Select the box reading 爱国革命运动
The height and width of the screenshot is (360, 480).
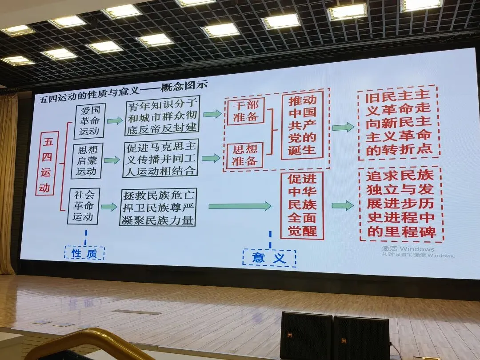pyautogui.click(x=89, y=120)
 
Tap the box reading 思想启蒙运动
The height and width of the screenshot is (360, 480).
pyautogui.click(x=87, y=161)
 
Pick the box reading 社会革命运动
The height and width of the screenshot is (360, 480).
pyautogui.click(x=83, y=206)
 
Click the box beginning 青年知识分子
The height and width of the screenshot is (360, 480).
pyautogui.click(x=162, y=116)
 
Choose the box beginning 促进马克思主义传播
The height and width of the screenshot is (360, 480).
pyautogui.click(x=160, y=158)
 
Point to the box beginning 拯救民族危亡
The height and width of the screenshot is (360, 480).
pyautogui.click(x=158, y=207)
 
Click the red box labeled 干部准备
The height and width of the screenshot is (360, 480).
pyautogui.click(x=245, y=111)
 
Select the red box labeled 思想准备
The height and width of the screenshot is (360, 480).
pyautogui.click(x=244, y=155)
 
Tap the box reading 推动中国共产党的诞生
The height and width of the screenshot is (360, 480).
pyautogui.click(x=302, y=125)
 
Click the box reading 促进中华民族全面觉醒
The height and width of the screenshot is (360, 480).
pyautogui.click(x=302, y=205)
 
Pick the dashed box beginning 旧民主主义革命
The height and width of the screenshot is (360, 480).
pyautogui.click(x=399, y=123)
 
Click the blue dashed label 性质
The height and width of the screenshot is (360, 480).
pyautogui.click(x=84, y=253)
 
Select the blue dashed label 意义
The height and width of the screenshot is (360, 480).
pyautogui.click(x=269, y=258)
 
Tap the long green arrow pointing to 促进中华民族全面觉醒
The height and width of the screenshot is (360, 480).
pyautogui.click(x=240, y=206)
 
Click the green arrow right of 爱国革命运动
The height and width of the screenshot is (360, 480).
pyautogui.click(x=115, y=120)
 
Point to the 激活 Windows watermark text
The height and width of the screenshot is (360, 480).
pyautogui.click(x=408, y=249)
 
